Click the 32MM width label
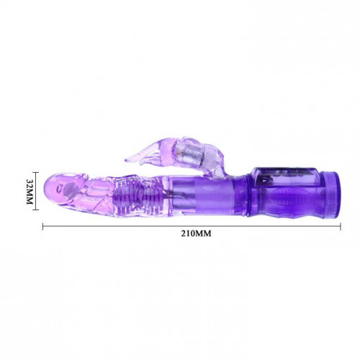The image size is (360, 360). pyautogui.click(x=30, y=192)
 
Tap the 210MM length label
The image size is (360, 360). pyautogui.click(x=196, y=233)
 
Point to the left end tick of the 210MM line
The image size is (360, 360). pyautogui.click(x=43, y=226)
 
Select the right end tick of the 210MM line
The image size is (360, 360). pyautogui.click(x=341, y=226)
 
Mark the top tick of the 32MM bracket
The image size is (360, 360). pyautogui.click(x=35, y=172)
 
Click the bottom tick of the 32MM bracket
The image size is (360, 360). pyautogui.click(x=35, y=210)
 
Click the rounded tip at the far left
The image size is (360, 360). pyautogui.click(x=49, y=189)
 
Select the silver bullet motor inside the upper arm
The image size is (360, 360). pyautogui.click(x=186, y=153)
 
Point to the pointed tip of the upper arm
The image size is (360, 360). pyautogui.click(x=126, y=159)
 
